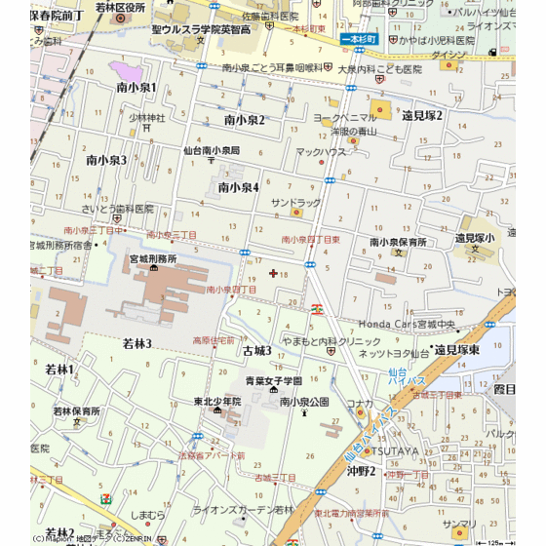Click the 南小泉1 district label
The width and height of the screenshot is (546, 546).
(136, 88)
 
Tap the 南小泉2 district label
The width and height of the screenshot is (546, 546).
(244, 120)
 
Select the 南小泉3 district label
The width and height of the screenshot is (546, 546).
(106, 159)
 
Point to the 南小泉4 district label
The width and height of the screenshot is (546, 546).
(238, 187)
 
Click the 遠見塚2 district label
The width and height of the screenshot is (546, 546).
(422, 115)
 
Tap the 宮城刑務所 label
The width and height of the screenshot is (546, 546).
(153, 258)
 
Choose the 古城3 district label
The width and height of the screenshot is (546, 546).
(256, 349)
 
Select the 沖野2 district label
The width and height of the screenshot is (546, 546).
(362, 471)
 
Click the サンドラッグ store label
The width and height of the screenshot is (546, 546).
(295, 203)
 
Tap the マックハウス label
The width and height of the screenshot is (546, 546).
(321, 152)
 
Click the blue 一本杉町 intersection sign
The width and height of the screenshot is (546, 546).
(360, 38)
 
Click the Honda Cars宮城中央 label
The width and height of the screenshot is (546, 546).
(408, 324)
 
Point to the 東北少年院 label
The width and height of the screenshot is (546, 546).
(217, 401)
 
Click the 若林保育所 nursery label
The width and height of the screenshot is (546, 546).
(77, 411)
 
